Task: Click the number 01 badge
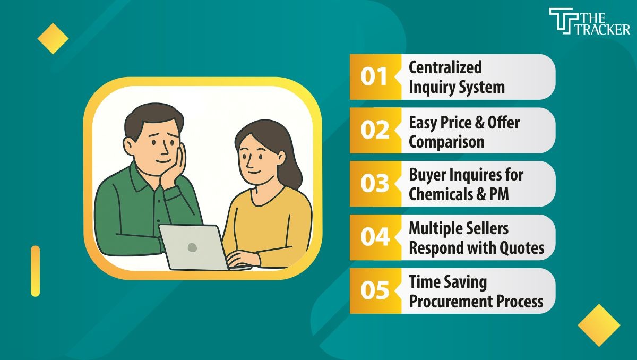374,77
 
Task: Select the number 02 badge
375,131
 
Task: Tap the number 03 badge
375,184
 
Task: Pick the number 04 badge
375,237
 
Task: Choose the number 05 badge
375,291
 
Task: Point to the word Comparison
446,142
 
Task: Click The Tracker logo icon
560,21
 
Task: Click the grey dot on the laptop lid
192,247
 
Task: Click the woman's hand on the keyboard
238,260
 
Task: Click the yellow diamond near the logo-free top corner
53,38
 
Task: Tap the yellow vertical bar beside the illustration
35,271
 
